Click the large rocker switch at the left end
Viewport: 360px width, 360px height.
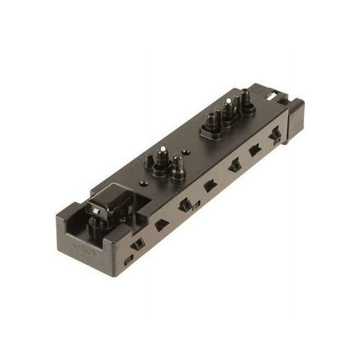click(x=110, y=202)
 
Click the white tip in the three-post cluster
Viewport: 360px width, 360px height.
click(x=229, y=101)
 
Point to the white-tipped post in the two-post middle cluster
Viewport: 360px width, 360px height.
click(x=162, y=149)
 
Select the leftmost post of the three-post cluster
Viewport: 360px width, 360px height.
click(x=212, y=119)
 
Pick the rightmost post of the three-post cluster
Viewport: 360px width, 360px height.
click(x=245, y=97)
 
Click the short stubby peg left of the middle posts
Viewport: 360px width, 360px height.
click(x=149, y=161)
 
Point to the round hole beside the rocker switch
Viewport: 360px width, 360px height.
click(x=144, y=184)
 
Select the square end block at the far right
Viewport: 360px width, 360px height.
click(x=294, y=119)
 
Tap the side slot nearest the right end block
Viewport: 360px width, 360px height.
click(x=274, y=134)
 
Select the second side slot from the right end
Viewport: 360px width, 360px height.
click(x=254, y=150)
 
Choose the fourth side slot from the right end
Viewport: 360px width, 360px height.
click(x=210, y=185)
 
